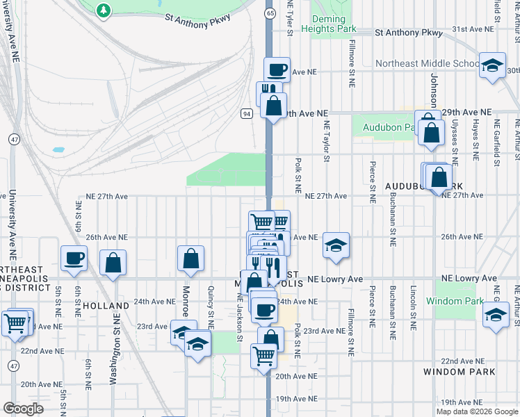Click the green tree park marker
[x=104, y=10]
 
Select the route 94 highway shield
[x=247, y=113]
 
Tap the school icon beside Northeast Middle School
[x=492, y=65]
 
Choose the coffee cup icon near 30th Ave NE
[x=277, y=69]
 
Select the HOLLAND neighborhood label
[x=106, y=306]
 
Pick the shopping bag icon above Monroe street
[x=190, y=259]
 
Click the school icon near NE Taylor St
[x=336, y=245]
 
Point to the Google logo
[x=23, y=409]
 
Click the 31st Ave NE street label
[x=471, y=29]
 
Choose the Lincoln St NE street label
[x=413, y=305]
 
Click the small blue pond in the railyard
[x=57, y=149]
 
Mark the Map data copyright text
[x=476, y=411]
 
